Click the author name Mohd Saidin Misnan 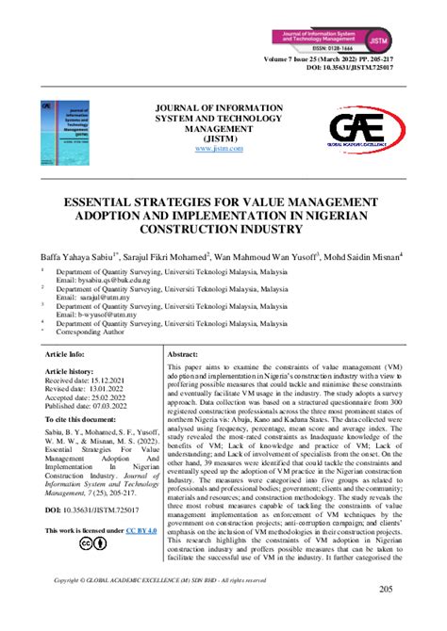(363, 254)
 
